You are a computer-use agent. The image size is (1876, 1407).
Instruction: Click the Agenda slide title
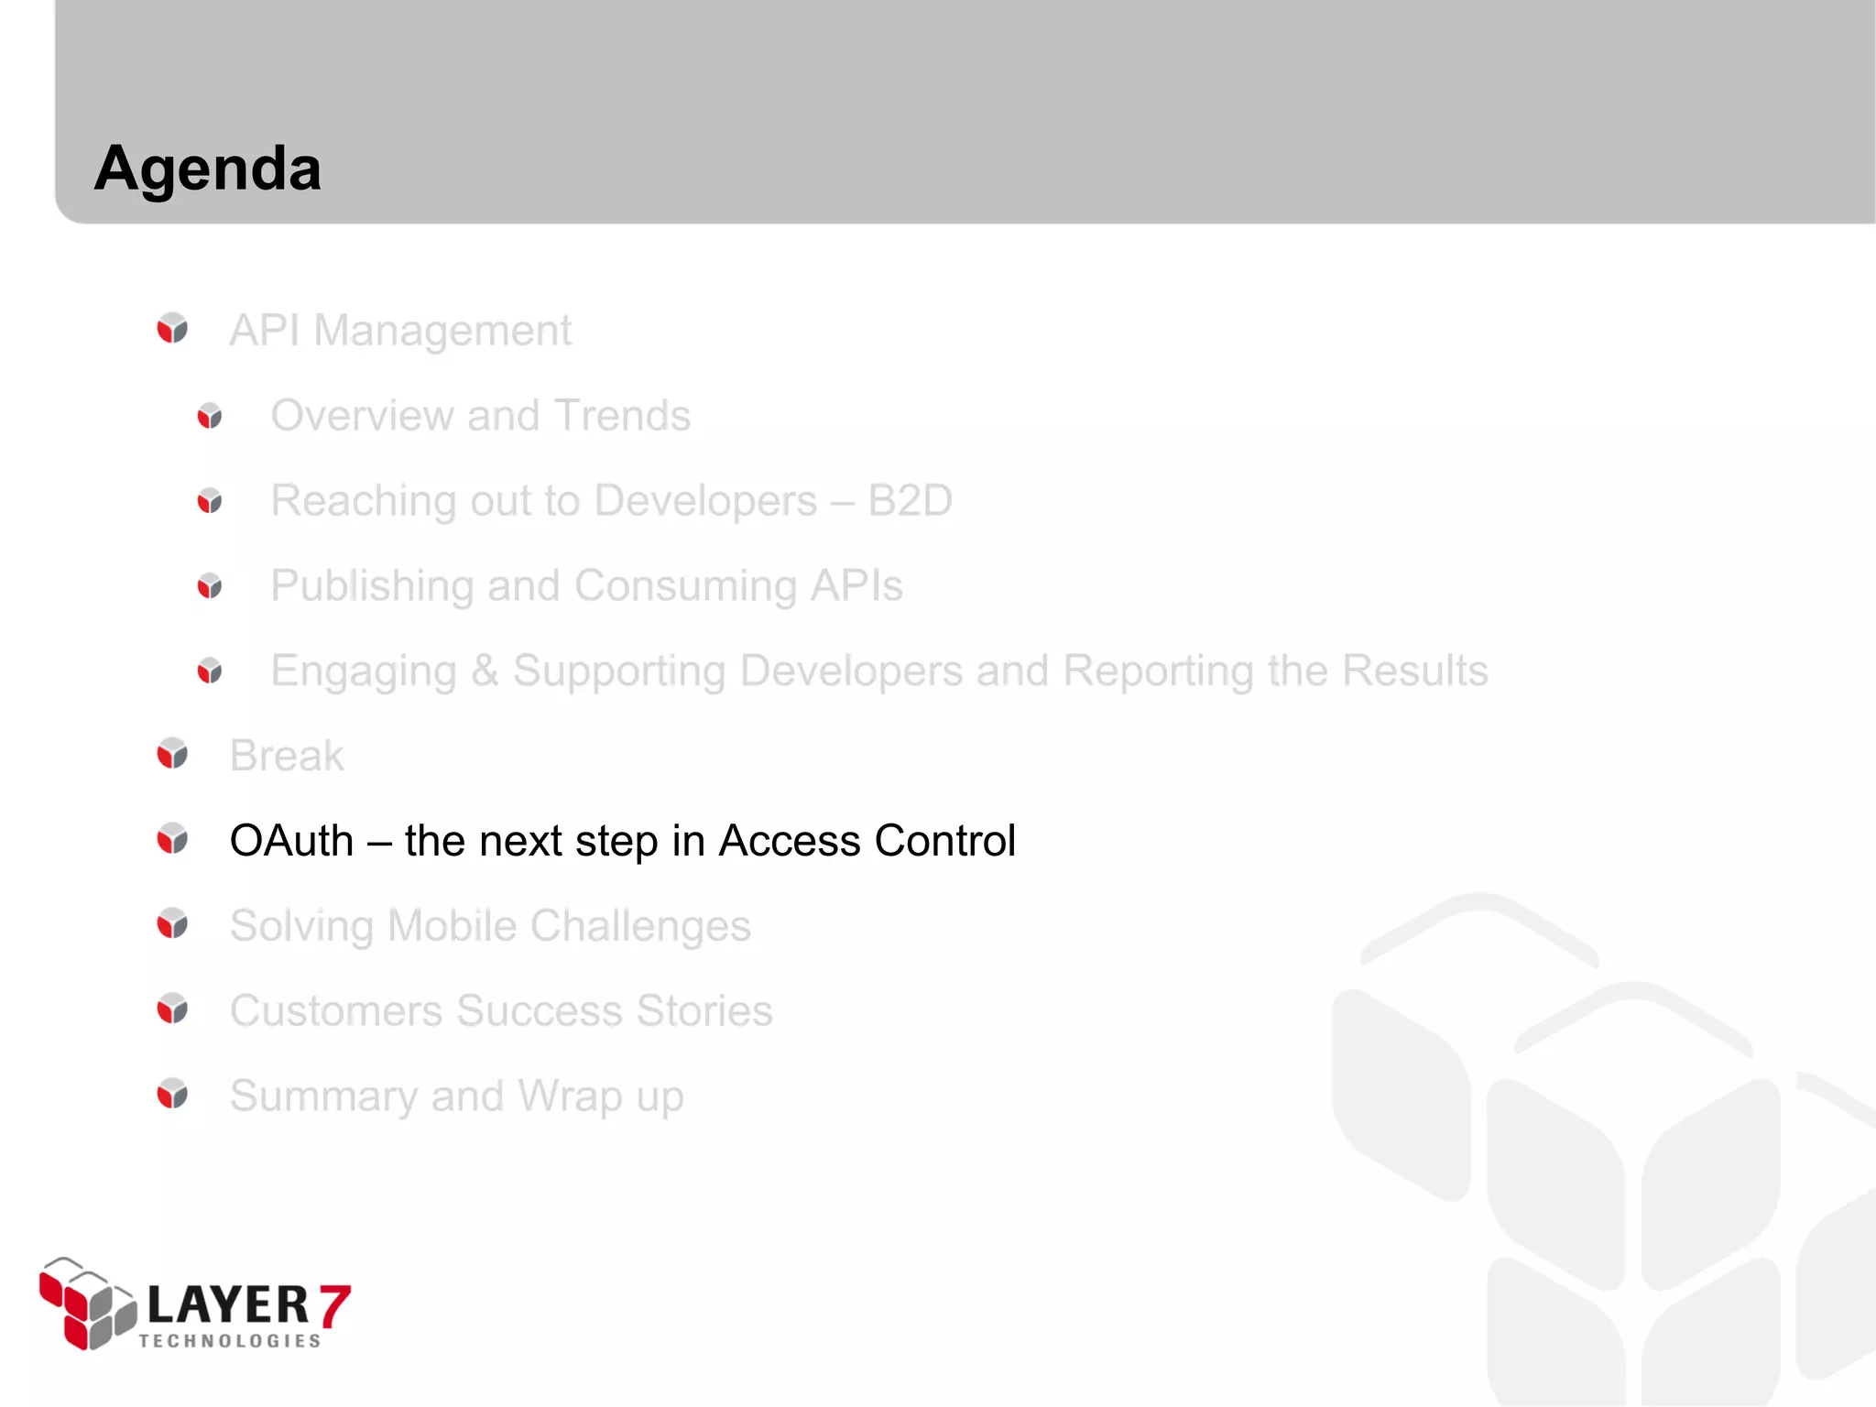click(208, 169)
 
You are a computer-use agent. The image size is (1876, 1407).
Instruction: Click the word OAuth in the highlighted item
click(291, 841)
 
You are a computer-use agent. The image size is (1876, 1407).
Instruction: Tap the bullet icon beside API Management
click(172, 328)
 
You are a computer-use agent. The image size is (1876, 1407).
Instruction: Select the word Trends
click(622, 416)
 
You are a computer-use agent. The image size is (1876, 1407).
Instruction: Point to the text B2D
click(910, 501)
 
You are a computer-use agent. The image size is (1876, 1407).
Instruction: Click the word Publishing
click(370, 586)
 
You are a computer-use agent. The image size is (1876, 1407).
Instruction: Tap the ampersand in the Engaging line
click(485, 671)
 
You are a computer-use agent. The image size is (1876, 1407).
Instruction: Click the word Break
click(287, 756)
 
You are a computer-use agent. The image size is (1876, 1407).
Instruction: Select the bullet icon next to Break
click(172, 754)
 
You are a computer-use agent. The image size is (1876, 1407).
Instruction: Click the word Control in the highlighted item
click(944, 841)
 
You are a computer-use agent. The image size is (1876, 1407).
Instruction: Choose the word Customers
click(336, 1011)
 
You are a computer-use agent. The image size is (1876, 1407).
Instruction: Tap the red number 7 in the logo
click(334, 1306)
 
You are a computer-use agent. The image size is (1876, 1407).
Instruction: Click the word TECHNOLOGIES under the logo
click(230, 1341)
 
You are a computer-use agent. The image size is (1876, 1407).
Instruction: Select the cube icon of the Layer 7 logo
click(86, 1303)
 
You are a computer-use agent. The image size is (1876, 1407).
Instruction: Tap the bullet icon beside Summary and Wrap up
click(172, 1094)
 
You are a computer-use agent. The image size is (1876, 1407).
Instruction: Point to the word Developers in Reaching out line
click(705, 501)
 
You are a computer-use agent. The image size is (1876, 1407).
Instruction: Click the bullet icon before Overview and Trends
click(210, 416)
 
